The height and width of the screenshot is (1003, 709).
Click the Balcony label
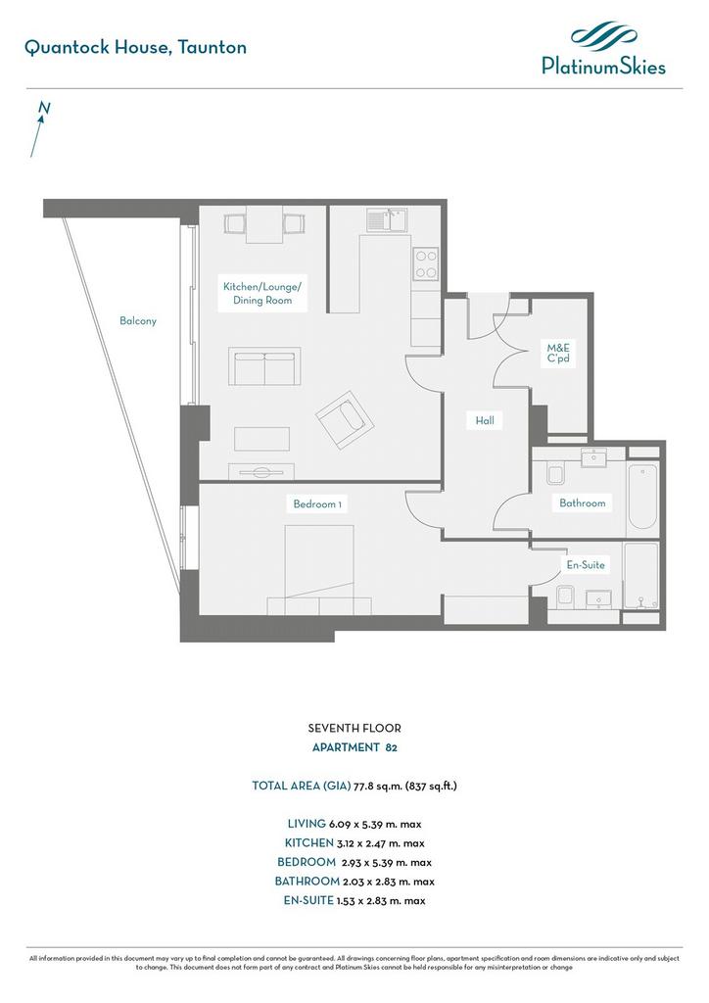tap(138, 321)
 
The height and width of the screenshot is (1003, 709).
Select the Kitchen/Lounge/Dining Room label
tap(262, 294)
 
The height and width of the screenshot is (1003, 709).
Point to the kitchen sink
tap(388, 220)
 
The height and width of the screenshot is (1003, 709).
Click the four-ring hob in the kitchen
tap(426, 264)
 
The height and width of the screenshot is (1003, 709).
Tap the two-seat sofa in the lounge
tap(264, 366)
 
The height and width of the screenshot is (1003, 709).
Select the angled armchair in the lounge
tap(345, 419)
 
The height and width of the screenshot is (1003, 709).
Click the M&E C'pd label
tap(558, 353)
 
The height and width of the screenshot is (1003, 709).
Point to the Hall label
tap(485, 421)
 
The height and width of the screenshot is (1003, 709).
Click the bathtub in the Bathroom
tap(642, 495)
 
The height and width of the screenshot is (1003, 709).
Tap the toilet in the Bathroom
tap(555, 474)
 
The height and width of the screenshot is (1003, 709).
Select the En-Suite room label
tap(586, 565)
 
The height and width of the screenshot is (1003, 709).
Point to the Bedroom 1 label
tap(317, 504)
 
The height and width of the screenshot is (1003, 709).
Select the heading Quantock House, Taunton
tap(135, 47)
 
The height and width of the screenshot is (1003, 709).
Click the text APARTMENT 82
tap(354, 747)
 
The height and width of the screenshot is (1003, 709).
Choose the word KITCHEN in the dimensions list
tap(309, 843)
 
